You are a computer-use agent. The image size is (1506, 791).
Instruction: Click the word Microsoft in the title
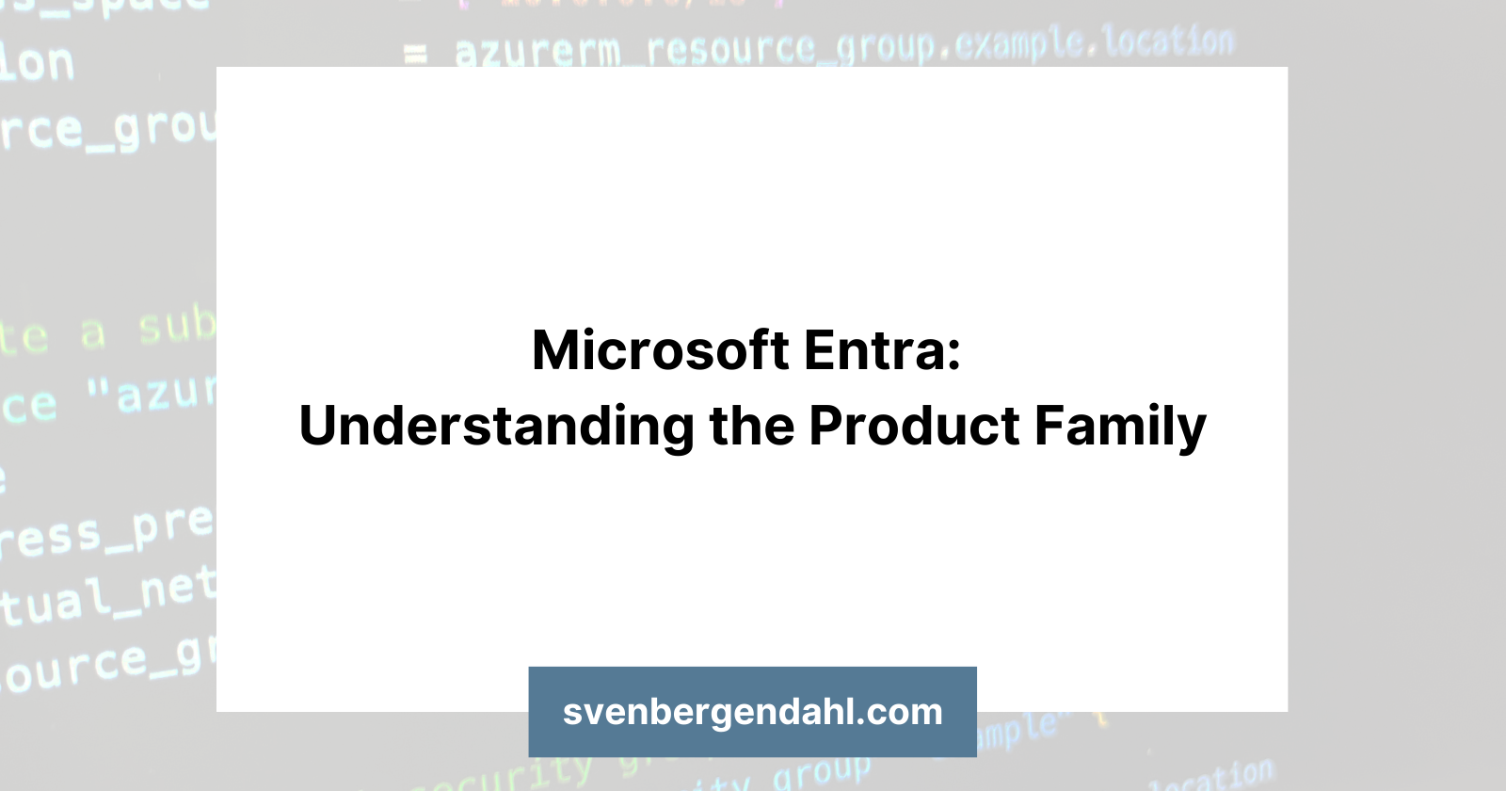(x=660, y=351)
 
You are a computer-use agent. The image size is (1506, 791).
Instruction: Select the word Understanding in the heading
(x=496, y=427)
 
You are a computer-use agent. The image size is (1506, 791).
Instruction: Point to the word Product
(x=914, y=427)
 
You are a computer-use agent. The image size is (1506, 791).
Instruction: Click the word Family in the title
(x=1119, y=427)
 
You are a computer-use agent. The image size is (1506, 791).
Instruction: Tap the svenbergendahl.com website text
(x=752, y=712)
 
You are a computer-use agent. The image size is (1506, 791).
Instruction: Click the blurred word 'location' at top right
(x=1167, y=42)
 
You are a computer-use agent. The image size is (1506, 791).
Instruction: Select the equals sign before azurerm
(x=415, y=55)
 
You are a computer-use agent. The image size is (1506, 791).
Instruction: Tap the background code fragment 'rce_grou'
(x=108, y=130)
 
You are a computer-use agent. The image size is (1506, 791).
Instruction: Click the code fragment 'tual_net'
(x=108, y=598)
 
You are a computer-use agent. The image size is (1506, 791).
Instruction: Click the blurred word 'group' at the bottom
(x=821, y=772)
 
